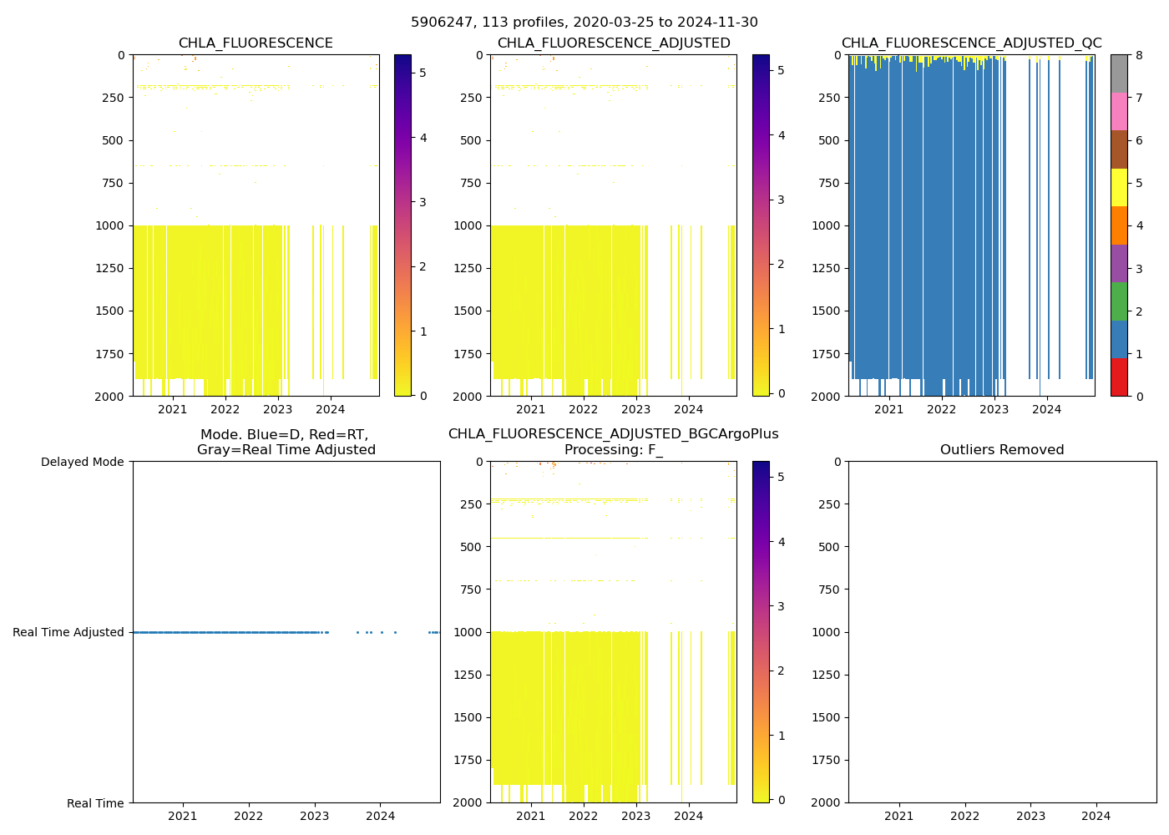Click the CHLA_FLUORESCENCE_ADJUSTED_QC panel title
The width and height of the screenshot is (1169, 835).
pos(971,43)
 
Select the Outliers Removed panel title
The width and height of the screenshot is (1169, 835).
pos(1002,450)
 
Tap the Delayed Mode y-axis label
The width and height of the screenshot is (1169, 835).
pos(82,462)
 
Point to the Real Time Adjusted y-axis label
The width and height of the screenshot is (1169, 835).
pos(68,632)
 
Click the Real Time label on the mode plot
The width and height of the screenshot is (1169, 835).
pos(95,803)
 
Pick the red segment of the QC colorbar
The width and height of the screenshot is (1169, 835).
pos(1119,377)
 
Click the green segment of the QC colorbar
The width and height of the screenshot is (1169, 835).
pos(1119,301)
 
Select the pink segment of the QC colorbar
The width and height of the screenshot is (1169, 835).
pos(1119,111)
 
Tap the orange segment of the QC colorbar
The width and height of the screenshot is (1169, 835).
pos(1119,225)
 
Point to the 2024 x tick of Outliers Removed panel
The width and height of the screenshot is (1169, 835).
pos(1096,816)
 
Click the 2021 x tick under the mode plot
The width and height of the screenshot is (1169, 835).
pos(183,816)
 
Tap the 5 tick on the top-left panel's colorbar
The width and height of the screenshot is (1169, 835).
pos(423,73)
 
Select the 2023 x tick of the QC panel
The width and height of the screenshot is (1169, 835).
pos(994,409)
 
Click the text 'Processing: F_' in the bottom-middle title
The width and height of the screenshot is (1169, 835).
pos(613,450)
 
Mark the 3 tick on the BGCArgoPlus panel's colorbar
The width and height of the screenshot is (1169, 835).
pos(781,606)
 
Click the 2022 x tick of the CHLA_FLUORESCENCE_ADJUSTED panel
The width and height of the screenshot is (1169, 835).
pos(583,409)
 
